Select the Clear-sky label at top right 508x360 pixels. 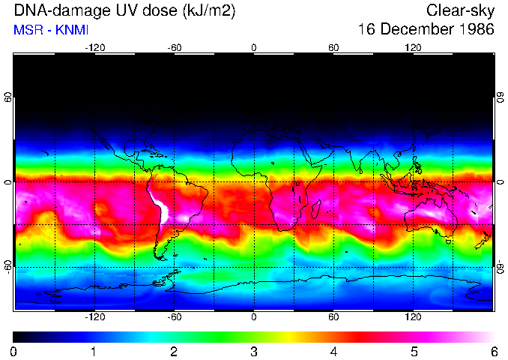pyautogui.click(x=460, y=10)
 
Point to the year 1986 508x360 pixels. pyautogui.click(x=477, y=30)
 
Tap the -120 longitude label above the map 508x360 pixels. pyautogui.click(x=94, y=47)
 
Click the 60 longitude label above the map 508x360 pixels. pyautogui.click(x=333, y=47)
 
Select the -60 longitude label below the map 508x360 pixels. pyautogui.click(x=174, y=317)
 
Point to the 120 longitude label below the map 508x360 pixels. pyautogui.click(x=413, y=317)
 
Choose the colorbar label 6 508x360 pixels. pyautogui.click(x=493, y=351)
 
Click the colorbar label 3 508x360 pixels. pyautogui.click(x=253, y=351)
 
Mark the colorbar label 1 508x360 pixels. pyautogui.click(x=94, y=351)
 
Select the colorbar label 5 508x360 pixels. pyautogui.click(x=413, y=351)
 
